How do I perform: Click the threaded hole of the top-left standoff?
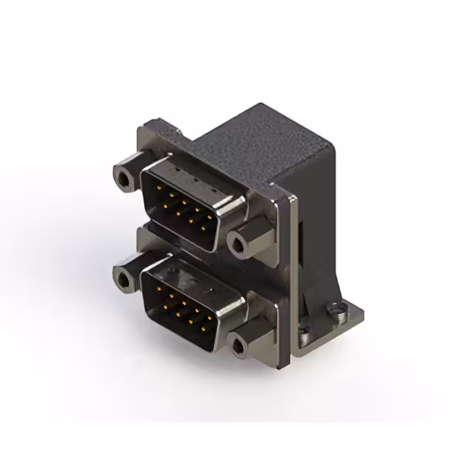point(123,177)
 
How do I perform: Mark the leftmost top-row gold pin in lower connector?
point(157,290)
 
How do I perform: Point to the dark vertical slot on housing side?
point(304,244)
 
